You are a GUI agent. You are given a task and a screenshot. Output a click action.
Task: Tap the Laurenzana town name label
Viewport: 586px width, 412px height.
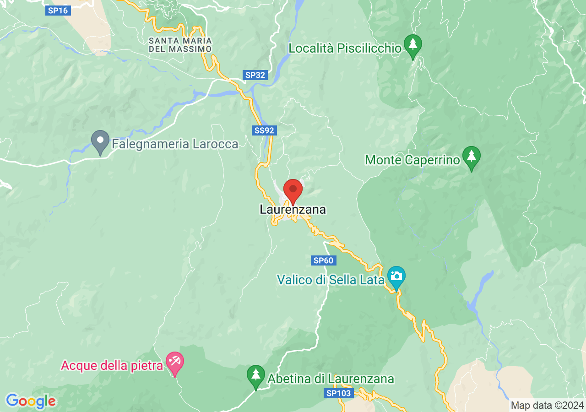(x=293, y=210)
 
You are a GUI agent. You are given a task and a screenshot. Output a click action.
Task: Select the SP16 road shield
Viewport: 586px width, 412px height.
(x=58, y=11)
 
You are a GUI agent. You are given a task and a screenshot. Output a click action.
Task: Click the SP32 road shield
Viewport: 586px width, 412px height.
(x=255, y=75)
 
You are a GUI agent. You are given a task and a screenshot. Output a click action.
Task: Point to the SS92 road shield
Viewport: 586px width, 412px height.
(x=265, y=130)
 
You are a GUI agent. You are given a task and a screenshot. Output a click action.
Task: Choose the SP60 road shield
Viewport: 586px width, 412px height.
(x=324, y=260)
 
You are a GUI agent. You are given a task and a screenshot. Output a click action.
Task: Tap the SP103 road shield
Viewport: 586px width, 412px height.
(x=339, y=393)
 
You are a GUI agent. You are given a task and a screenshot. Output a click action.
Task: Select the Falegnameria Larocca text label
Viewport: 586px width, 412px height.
(x=175, y=145)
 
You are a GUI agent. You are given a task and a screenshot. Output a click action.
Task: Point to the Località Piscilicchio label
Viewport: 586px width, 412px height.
(x=345, y=48)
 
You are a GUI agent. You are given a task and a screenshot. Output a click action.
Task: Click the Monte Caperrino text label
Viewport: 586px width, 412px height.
(x=412, y=160)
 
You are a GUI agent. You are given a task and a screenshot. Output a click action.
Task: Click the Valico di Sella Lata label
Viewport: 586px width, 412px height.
(x=330, y=280)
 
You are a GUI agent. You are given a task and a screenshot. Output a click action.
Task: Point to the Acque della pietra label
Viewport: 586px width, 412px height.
(x=112, y=366)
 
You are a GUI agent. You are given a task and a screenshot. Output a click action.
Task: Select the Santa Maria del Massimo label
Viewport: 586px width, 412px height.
(x=180, y=44)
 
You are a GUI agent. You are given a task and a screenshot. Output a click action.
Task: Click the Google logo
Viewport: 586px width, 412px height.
(x=31, y=401)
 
